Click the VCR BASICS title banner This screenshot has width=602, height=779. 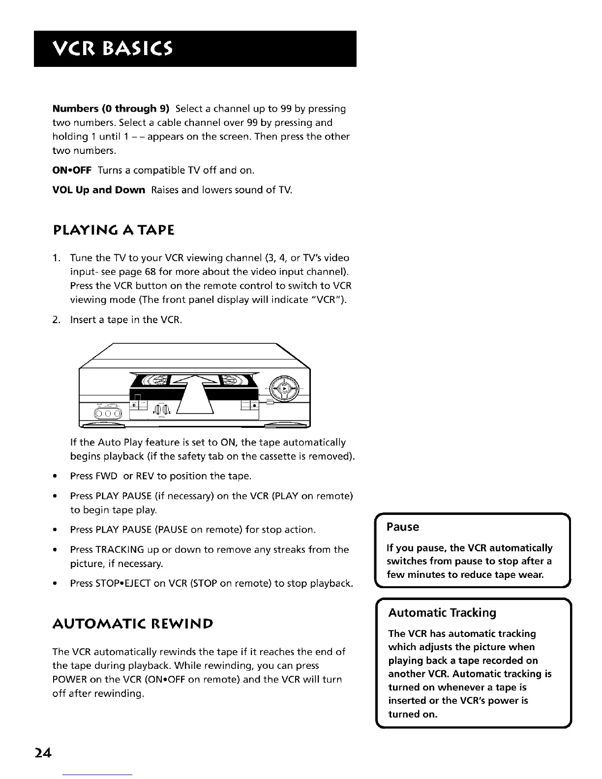point(195,49)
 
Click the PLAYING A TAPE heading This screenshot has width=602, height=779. point(113,230)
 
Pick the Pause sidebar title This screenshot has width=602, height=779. point(403,527)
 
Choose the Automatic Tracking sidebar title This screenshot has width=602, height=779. point(442,613)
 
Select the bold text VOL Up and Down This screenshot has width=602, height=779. point(98,190)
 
